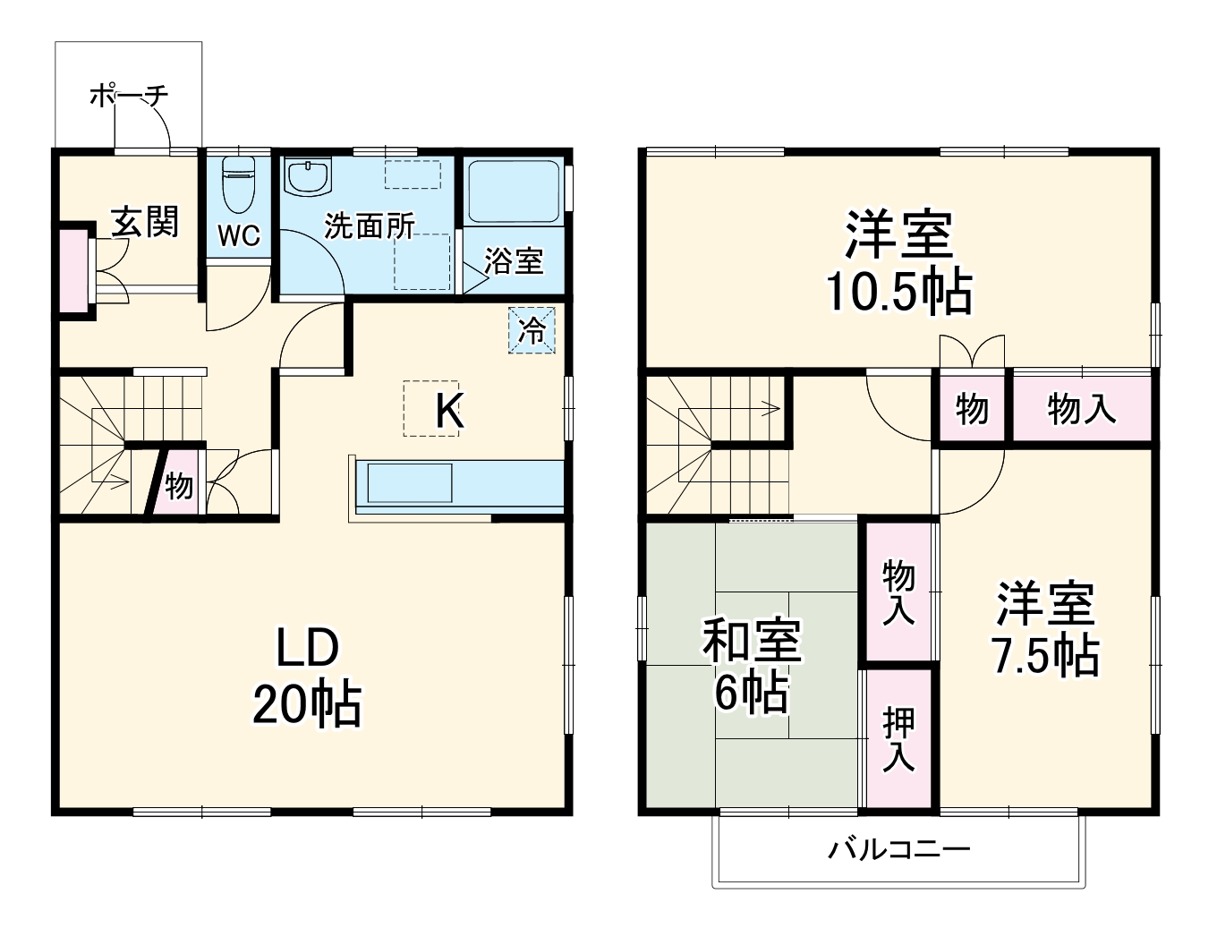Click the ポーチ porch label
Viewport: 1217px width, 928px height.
pyautogui.click(x=129, y=95)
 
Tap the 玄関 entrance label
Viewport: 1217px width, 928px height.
pyautogui.click(x=145, y=221)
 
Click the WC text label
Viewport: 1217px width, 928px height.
pyautogui.click(x=239, y=235)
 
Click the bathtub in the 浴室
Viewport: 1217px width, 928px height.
pyautogui.click(x=515, y=192)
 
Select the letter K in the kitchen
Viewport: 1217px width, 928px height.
pyautogui.click(x=448, y=412)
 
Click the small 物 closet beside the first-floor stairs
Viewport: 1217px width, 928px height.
pyautogui.click(x=178, y=486)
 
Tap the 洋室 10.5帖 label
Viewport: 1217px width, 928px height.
pyautogui.click(x=898, y=261)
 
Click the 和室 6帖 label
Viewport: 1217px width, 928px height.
pyautogui.click(x=751, y=665)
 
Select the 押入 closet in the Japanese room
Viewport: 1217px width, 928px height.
pyautogui.click(x=899, y=738)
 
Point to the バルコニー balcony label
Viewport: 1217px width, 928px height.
pyautogui.click(x=898, y=848)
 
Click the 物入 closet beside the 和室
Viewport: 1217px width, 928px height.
pyautogui.click(x=898, y=592)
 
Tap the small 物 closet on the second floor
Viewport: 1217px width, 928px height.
pyautogui.click(x=972, y=409)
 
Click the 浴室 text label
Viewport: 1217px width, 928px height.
pyautogui.click(x=514, y=260)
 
